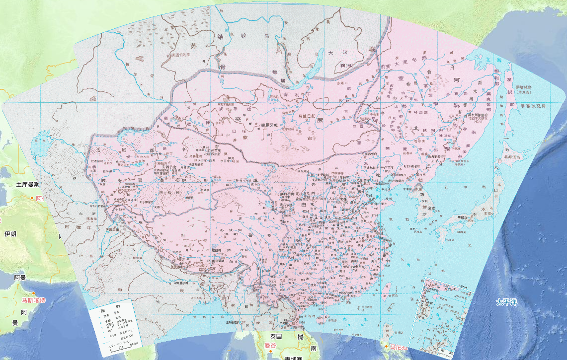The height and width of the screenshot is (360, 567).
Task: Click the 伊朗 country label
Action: click(x=10, y=233)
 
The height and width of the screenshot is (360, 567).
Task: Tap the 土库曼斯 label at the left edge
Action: click(x=28, y=185)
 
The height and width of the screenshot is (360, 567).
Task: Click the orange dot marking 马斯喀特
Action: click(x=33, y=293)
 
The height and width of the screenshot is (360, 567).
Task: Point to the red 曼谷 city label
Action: click(x=270, y=345)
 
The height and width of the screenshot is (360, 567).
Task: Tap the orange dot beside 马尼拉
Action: click(x=387, y=346)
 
